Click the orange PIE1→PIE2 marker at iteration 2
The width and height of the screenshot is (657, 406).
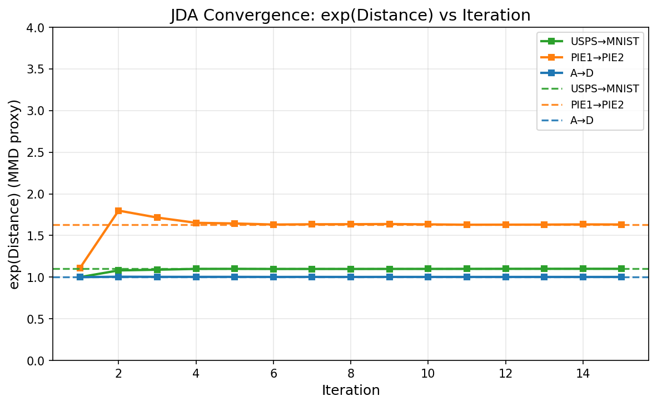click(x=118, y=211)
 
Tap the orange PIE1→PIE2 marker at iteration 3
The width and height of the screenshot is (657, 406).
click(x=157, y=217)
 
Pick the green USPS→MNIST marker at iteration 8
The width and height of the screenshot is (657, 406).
click(x=351, y=269)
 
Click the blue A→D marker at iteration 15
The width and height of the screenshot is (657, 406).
click(x=621, y=277)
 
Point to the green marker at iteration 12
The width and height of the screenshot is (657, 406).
click(x=505, y=269)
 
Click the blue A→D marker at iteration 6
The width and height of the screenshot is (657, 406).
click(x=273, y=277)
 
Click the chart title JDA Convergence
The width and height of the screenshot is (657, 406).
click(x=350, y=16)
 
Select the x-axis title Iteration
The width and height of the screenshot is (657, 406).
click(x=350, y=390)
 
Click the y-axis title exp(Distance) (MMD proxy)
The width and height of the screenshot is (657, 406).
click(x=15, y=194)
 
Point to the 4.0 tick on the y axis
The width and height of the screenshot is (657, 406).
click(x=37, y=28)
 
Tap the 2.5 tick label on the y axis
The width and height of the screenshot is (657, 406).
click(x=37, y=152)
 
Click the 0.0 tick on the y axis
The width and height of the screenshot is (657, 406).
click(x=37, y=360)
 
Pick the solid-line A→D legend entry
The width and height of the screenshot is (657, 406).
click(x=581, y=73)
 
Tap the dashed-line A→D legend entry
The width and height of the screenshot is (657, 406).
click(x=581, y=120)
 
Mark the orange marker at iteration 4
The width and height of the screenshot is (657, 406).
click(x=196, y=223)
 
